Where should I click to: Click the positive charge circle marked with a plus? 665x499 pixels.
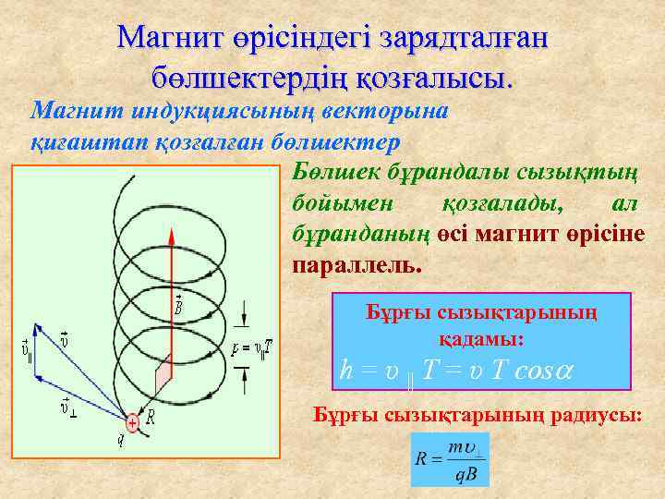point(132,422)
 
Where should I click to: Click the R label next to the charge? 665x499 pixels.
point(151,418)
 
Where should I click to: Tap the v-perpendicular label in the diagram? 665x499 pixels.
point(67,404)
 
